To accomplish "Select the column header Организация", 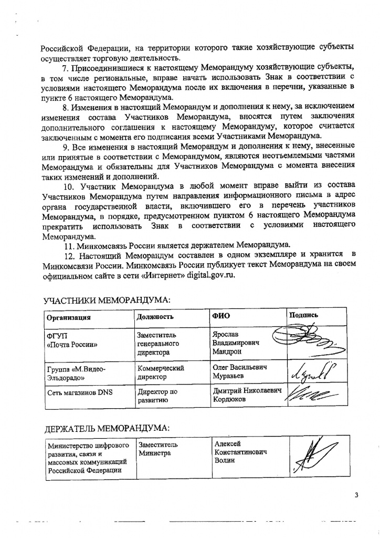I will pos(68,317).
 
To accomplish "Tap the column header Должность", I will pos(155,317).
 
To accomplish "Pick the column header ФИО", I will pos(220,316).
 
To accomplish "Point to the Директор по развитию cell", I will pos(157,396).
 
